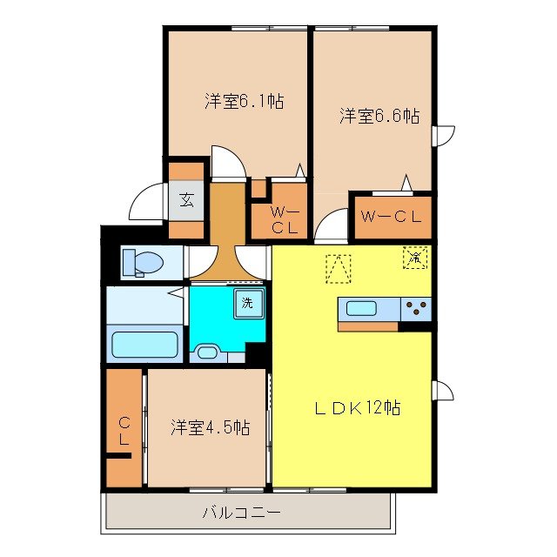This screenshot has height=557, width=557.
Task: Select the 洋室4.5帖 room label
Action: click(210, 427)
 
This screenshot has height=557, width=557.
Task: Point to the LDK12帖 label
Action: click(357, 407)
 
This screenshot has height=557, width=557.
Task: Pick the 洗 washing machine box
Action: click(248, 304)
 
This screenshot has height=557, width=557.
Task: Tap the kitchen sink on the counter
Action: click(363, 307)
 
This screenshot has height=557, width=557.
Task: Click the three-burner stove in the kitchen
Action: click(416, 308)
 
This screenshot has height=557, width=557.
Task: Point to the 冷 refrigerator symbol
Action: click(415, 258)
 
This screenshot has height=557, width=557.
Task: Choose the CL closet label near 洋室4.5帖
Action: click(124, 431)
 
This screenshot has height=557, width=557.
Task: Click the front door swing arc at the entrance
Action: click(146, 202)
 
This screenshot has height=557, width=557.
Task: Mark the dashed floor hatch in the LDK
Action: click(338, 267)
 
